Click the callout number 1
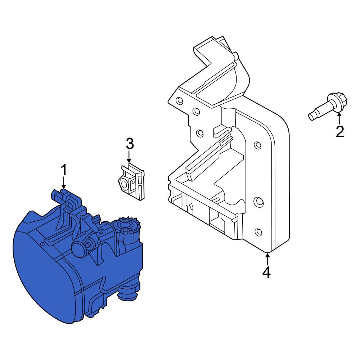click(x=64, y=170)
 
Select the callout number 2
click(x=340, y=132)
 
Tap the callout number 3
click(x=130, y=144)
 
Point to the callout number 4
click(x=266, y=272)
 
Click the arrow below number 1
click(x=64, y=183)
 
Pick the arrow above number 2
click(x=339, y=118)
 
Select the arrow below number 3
click(x=129, y=157)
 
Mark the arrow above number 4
click(x=267, y=258)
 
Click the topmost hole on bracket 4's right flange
click(x=258, y=145)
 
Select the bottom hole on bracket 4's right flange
click(x=258, y=232)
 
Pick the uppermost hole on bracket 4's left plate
click(x=179, y=100)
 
